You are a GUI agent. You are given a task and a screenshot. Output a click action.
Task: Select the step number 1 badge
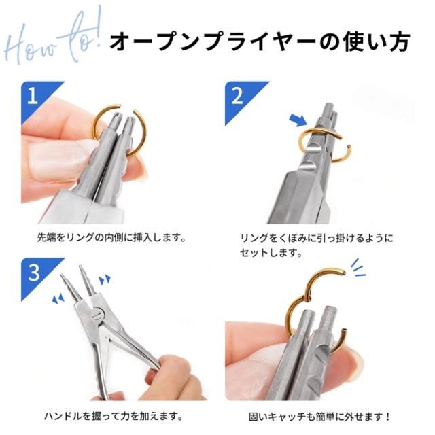click(x=32, y=94)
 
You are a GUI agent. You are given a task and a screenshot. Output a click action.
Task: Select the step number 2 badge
click(x=237, y=94)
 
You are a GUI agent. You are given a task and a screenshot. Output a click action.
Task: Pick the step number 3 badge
click(x=33, y=272)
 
